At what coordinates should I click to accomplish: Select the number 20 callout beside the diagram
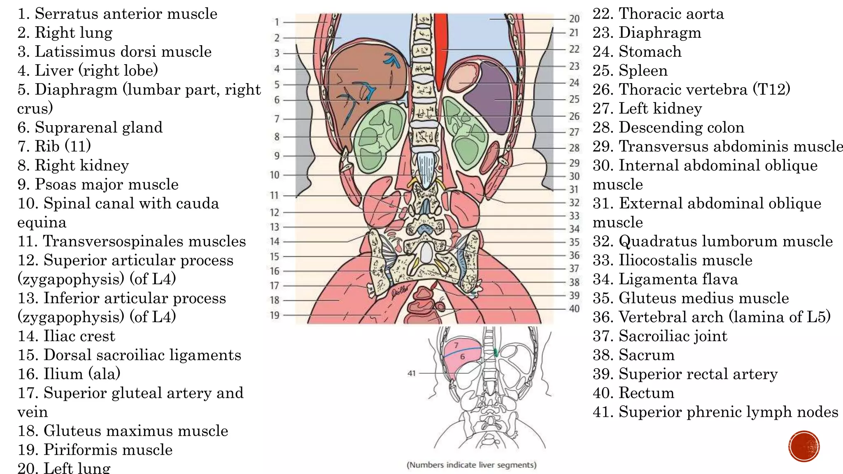pos(574,19)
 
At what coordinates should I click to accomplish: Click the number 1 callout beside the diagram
pos(277,22)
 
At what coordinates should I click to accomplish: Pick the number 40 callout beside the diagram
pos(574,309)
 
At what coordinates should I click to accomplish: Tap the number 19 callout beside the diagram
pos(275,315)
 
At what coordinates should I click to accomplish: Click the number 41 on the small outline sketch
pos(411,373)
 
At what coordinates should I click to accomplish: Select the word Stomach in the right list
pos(650,51)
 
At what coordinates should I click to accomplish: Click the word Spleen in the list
pos(643,71)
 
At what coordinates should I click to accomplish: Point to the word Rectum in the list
pos(646,393)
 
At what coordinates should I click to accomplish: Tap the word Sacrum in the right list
pos(646,355)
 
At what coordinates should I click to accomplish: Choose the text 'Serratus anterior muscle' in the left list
pos(126,14)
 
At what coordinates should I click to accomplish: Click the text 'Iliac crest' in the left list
pos(79,336)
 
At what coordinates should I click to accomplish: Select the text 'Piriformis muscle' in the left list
pos(108,450)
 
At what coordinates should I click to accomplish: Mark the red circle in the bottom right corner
pos(804,446)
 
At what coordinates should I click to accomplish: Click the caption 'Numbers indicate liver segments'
pos(471,465)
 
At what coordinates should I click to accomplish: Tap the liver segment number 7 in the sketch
pos(456,345)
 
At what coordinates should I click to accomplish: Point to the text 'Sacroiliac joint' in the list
pos(673,336)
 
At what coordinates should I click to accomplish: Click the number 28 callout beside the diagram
pos(574,148)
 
